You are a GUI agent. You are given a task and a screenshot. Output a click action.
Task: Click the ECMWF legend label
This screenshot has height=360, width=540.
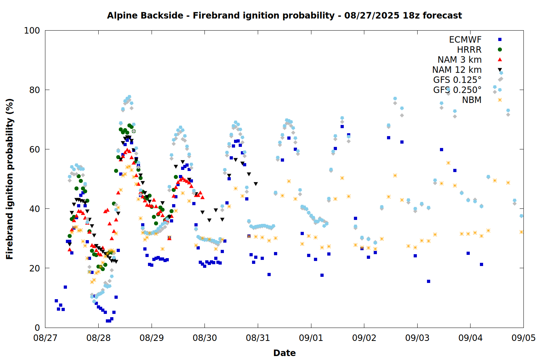(x=465, y=40)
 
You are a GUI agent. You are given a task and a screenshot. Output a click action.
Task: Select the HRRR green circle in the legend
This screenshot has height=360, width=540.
(x=500, y=50)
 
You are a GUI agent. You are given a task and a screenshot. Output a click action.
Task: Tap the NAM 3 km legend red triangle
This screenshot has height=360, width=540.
(x=500, y=59)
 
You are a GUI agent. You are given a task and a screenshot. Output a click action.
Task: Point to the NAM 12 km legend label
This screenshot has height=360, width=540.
(x=457, y=70)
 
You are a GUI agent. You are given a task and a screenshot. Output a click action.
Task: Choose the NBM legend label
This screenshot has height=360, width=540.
(x=472, y=100)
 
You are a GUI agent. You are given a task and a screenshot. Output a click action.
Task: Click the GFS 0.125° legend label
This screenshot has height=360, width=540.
(x=457, y=80)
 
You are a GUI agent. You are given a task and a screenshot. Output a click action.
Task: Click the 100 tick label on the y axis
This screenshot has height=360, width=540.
(x=32, y=31)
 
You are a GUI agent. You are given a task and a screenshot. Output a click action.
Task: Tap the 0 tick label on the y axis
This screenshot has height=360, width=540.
(x=37, y=328)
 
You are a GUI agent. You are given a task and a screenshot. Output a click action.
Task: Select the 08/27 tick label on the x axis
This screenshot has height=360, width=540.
(x=45, y=338)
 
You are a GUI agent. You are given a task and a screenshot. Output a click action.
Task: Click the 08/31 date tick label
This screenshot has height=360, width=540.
(x=258, y=338)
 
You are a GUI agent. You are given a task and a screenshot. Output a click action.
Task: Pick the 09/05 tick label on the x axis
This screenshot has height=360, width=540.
(x=523, y=338)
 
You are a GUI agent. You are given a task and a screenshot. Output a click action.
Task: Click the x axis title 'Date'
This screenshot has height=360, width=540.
(x=284, y=353)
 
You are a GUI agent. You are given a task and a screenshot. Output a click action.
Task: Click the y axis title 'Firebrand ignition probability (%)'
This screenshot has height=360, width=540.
(x=10, y=179)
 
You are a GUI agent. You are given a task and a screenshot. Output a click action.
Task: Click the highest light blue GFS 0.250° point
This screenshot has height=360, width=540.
(x=501, y=73)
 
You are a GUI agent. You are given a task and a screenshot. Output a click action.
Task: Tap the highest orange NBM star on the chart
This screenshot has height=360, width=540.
(x=448, y=163)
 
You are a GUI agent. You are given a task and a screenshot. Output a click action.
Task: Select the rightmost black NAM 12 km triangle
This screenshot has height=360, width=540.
(x=256, y=184)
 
